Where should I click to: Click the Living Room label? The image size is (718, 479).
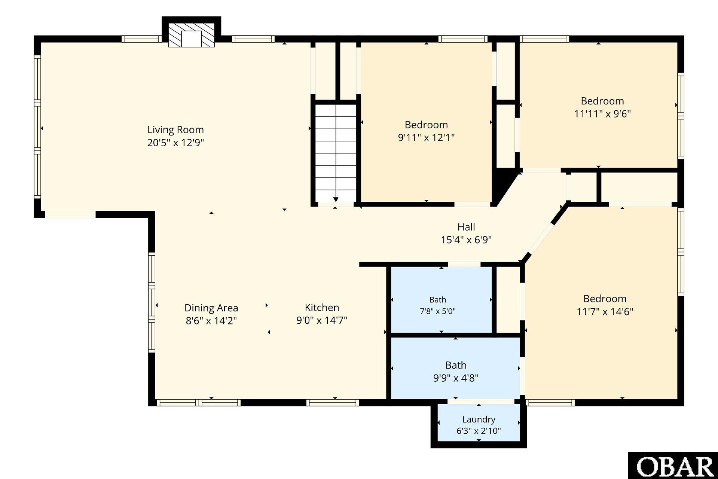pos(175,130)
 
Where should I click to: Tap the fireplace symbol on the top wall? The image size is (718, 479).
pos(191,35)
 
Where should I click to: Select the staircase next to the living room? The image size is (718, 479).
pos(336,153)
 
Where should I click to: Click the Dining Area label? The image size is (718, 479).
pos(211,308)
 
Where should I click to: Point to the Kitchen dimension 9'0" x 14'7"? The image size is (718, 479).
pos(322,320)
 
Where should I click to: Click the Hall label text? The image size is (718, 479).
pos(466,227)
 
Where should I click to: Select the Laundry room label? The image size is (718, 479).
pos(479,419)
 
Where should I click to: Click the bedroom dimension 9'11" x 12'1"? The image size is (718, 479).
pos(426,138)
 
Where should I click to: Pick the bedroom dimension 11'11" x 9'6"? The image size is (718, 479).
pos(602,114)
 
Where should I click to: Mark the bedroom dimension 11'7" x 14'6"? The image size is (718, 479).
pos(605,312)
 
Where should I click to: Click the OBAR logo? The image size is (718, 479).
pos(673,466)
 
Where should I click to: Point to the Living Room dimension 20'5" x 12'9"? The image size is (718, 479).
pos(175,143)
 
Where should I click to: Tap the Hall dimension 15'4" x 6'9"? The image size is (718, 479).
pos(466,240)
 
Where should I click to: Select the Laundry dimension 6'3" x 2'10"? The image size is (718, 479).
pos(479,431)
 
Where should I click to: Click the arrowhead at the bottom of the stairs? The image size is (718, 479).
pos(336,199)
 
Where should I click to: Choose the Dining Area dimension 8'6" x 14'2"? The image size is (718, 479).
pos(211,321)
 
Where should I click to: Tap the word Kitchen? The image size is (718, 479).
pos(322,308)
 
